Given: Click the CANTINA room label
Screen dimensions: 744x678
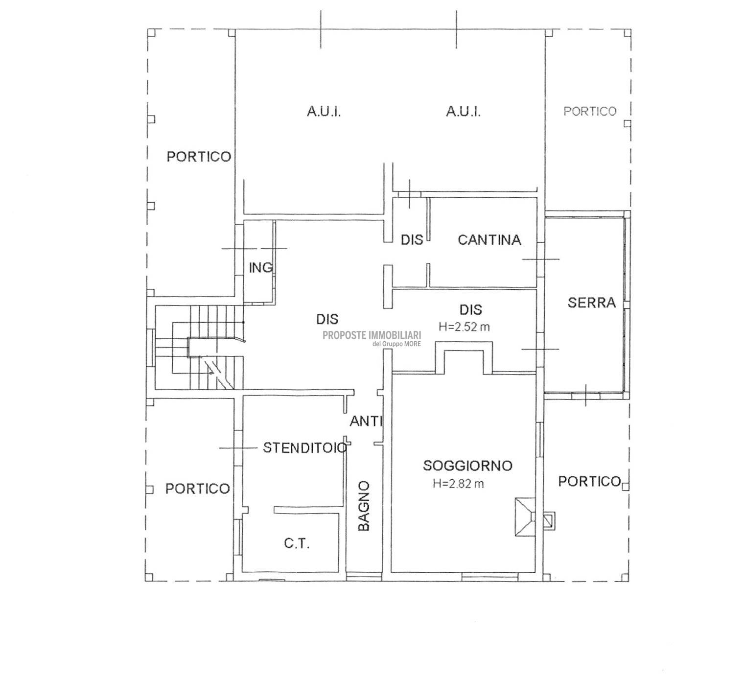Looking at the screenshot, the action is (x=489, y=240).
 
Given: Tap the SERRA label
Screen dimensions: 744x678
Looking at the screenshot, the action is (x=592, y=303).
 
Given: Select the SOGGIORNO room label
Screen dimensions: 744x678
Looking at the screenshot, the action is (x=467, y=466).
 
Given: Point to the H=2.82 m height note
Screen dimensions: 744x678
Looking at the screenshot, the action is (x=458, y=484).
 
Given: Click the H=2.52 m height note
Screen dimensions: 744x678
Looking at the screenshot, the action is (x=464, y=327).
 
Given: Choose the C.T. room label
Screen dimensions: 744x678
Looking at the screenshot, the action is (x=297, y=544).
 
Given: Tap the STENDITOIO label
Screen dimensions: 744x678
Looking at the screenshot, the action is (x=305, y=448).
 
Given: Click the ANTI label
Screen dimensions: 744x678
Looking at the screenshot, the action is (x=366, y=421).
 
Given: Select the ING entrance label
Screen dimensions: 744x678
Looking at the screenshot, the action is (x=261, y=268).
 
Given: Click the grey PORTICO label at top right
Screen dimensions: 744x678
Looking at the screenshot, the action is (x=590, y=111).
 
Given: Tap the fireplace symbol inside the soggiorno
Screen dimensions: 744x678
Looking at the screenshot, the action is (x=525, y=516).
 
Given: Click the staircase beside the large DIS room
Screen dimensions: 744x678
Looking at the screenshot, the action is (x=198, y=348).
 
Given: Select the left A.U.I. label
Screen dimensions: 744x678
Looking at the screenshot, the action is (x=324, y=111).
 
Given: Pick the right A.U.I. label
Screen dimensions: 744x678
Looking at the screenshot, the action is (x=463, y=111).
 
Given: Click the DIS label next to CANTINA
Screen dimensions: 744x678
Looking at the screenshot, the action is (x=412, y=240).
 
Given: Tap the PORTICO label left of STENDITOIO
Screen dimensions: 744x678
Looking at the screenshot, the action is (x=198, y=489).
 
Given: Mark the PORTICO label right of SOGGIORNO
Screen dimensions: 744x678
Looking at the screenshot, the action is (x=590, y=481).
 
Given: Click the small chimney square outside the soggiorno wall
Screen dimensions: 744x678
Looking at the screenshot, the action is (x=549, y=521).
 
